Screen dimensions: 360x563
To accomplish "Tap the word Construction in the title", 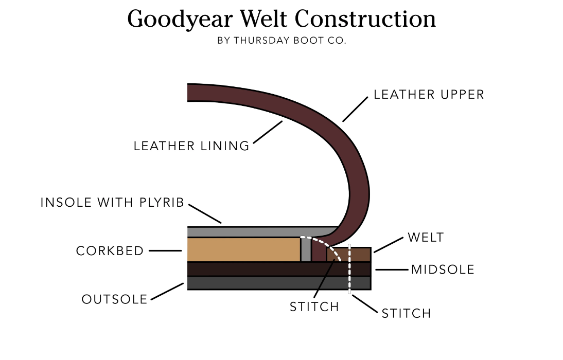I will click(x=366, y=19).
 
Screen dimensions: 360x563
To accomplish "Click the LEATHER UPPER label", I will click(x=429, y=95).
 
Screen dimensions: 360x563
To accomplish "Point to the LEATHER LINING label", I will click(x=191, y=146).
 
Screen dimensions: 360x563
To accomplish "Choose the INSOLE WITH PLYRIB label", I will click(x=112, y=203).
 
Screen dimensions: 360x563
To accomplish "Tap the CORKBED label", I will click(x=110, y=251).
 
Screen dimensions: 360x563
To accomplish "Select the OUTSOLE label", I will click(x=114, y=299).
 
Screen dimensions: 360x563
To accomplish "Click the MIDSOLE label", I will click(x=443, y=269).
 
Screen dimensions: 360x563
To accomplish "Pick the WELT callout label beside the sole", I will click(x=425, y=238).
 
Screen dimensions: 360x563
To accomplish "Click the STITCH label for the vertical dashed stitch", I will click(x=406, y=313).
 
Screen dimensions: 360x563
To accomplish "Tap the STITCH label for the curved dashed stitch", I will click(x=314, y=307).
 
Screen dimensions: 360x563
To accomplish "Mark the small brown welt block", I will click(x=360, y=255).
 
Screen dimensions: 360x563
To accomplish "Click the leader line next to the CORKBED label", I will click(x=165, y=251).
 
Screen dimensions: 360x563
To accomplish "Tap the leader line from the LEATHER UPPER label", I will click(x=356, y=109).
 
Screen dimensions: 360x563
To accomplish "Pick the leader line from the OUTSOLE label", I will click(x=167, y=291).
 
